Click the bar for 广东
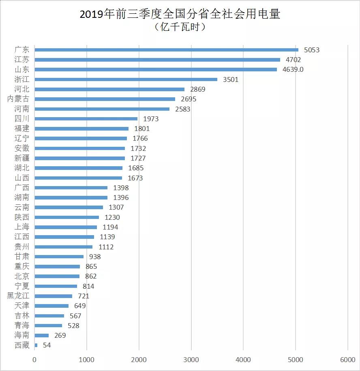166,50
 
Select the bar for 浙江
126,79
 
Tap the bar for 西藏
36,345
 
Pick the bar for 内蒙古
105,99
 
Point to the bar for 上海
66,227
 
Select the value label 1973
151,119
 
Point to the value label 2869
198,89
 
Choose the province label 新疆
22,158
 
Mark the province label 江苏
22,60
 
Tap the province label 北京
22,276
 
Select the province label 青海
22,326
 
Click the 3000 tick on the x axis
191,360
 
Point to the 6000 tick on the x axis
347,360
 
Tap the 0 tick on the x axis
34,360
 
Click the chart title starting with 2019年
180,14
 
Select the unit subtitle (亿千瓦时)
180,27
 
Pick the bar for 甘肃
59,257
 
